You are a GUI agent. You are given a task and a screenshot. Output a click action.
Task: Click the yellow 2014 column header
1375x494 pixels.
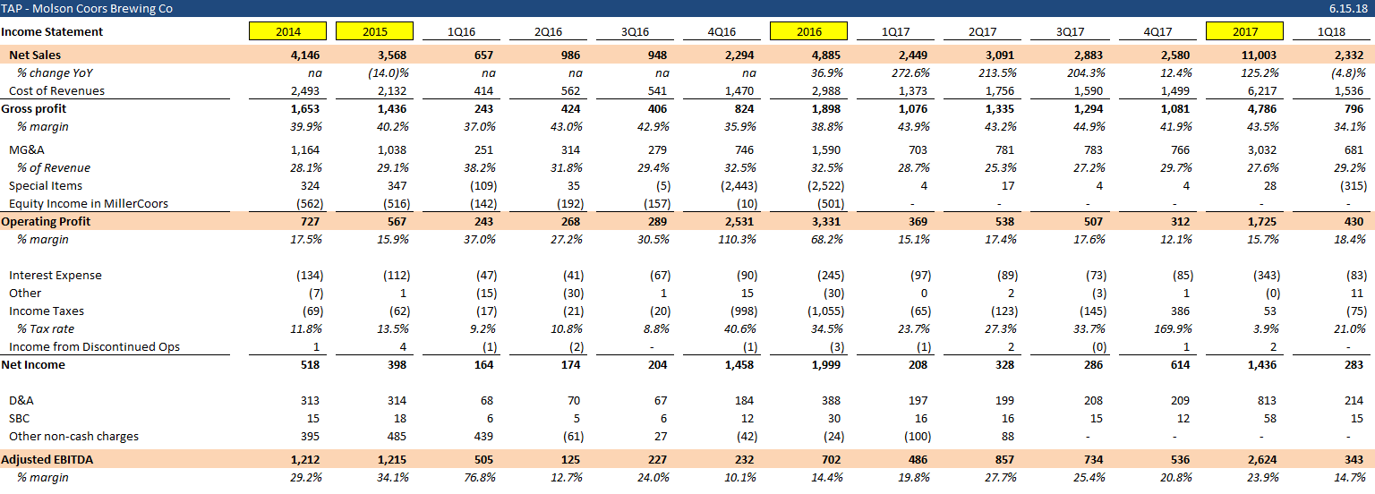[287, 31]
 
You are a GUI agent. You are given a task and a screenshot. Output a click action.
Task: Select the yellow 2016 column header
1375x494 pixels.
[808, 31]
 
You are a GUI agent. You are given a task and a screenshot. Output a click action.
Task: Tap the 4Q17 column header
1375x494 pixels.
[1157, 31]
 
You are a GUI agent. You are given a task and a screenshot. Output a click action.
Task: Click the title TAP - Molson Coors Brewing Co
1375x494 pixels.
[88, 9]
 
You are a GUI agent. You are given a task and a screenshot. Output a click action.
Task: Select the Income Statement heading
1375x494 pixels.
[52, 31]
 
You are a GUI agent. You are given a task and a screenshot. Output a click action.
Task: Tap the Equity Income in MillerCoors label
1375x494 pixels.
[89, 203]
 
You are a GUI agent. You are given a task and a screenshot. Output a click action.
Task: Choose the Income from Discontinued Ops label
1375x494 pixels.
[95, 346]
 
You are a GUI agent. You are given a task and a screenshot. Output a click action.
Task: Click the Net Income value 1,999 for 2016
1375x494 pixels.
[823, 364]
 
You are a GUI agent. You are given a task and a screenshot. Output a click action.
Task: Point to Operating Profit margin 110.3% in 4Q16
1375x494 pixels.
[737, 239]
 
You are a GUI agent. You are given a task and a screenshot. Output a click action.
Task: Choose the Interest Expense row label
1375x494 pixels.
[56, 275]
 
